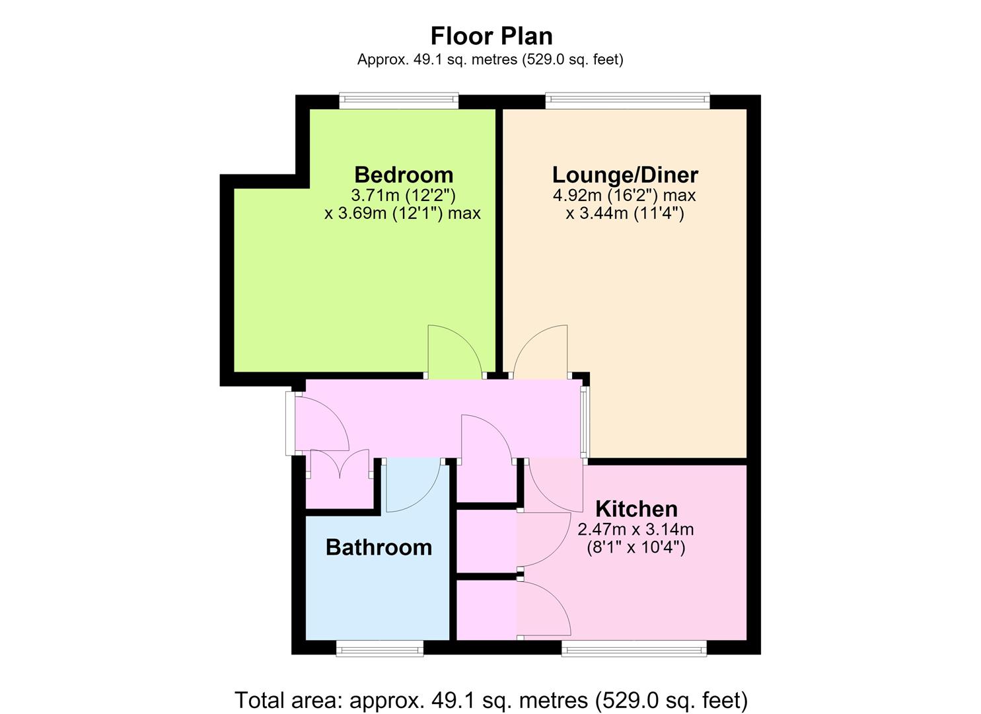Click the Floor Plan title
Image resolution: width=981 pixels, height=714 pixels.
pos(491,36)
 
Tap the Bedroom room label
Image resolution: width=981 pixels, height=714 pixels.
pos(404,175)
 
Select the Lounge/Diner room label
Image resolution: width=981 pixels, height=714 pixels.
pos(625,175)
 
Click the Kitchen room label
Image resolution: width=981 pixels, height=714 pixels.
pos(636,509)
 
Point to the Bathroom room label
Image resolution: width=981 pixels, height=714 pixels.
pos(379,547)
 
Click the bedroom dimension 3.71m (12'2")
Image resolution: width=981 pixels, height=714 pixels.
pos(403,195)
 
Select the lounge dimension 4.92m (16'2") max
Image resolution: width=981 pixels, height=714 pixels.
pos(624,195)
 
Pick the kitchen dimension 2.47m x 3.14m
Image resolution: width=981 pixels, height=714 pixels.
pos(636,530)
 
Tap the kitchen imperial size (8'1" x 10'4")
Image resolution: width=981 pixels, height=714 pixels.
pos(636,547)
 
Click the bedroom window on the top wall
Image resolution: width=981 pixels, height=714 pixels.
pos(399,100)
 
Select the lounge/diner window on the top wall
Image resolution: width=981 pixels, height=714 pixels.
pos(627,100)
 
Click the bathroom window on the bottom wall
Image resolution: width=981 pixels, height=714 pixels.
pos(380,649)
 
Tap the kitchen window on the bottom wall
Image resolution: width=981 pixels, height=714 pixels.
pos(634,649)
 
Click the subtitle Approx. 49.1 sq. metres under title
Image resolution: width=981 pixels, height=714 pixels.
pos(490,59)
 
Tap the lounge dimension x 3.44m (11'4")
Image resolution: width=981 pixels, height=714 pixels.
pos(624,214)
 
